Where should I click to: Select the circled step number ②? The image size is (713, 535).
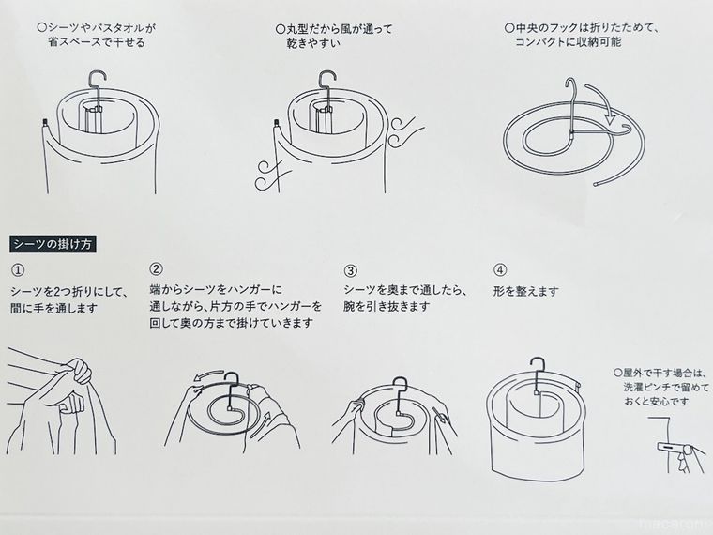(157, 268)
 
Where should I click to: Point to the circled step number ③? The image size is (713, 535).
(351, 269)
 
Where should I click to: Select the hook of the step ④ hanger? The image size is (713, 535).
(538, 366)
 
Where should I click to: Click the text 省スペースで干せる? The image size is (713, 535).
(97, 43)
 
